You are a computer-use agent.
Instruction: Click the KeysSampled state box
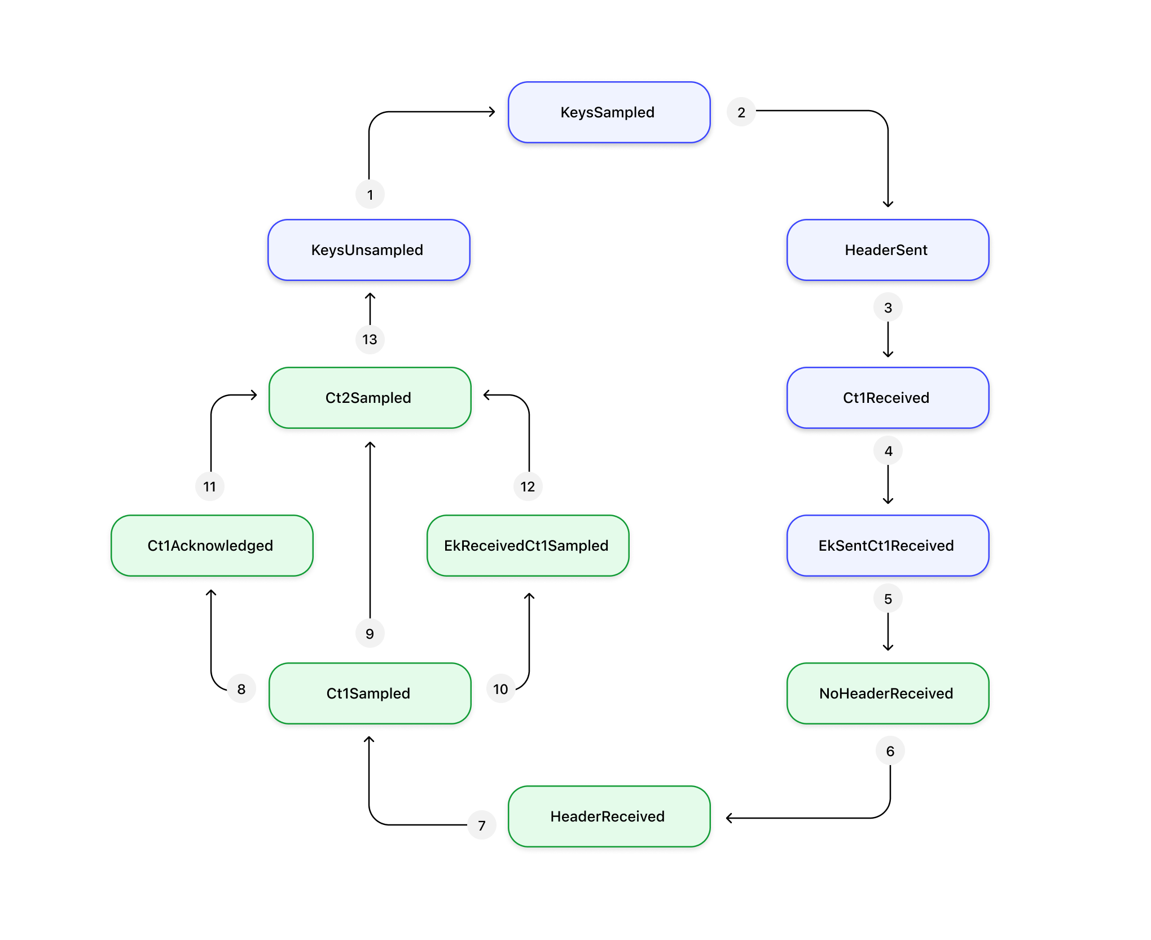click(x=609, y=112)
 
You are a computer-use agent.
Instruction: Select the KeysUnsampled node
click(x=368, y=250)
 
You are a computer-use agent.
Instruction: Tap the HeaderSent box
click(x=888, y=250)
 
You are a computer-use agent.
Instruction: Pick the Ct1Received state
click(x=888, y=398)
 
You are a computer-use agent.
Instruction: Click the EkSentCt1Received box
click(x=888, y=546)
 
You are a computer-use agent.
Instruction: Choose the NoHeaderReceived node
click(x=888, y=693)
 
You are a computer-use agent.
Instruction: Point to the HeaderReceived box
click(x=609, y=816)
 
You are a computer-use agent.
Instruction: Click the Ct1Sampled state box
click(x=370, y=693)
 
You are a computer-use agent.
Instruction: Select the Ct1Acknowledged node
click(x=212, y=546)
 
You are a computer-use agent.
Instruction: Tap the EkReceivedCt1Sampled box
click(x=528, y=546)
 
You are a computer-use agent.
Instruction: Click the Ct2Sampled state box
click(x=370, y=398)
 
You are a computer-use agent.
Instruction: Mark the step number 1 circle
click(x=370, y=195)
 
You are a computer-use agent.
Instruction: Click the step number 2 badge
click(x=741, y=112)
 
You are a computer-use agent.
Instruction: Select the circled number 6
click(x=890, y=751)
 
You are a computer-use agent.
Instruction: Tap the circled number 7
click(x=482, y=825)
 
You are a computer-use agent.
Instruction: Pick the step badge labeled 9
click(x=370, y=634)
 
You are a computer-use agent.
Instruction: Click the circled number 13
click(x=370, y=339)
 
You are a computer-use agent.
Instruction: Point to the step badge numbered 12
click(x=528, y=486)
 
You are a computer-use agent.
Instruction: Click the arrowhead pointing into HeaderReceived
click(x=729, y=818)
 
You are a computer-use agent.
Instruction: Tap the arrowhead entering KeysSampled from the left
click(x=493, y=112)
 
